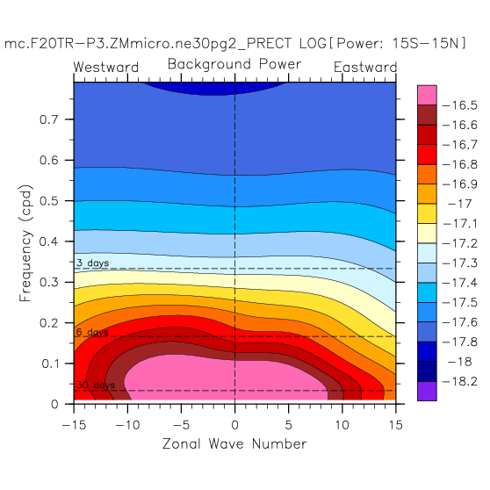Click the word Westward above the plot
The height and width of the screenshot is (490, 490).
point(106,68)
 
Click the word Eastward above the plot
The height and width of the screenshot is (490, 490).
point(365,68)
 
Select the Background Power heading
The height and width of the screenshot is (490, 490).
point(234,64)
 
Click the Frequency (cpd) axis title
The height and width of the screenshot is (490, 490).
point(25,243)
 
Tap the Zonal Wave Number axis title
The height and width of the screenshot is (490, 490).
point(234,443)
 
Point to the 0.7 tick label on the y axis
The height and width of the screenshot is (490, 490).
point(49,119)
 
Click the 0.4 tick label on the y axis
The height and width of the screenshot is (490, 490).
point(49,241)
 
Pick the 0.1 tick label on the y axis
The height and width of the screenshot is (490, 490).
point(50,364)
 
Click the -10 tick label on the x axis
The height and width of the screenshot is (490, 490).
point(127,425)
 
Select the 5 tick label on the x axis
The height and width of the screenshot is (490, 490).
point(288,425)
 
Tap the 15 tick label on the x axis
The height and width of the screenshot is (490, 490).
point(395,425)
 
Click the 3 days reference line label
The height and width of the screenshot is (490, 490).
point(93,263)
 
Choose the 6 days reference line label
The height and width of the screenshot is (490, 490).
point(92,332)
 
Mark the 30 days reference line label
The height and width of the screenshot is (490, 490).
point(96,385)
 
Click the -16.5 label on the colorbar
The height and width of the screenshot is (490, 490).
point(460,105)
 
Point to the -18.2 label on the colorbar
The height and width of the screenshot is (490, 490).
point(460,382)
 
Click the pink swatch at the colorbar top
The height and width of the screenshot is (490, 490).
point(427,95)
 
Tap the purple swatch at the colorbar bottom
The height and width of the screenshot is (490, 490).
point(427,391)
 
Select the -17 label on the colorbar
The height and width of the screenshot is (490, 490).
point(459,204)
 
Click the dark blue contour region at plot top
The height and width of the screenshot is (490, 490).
point(216,88)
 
